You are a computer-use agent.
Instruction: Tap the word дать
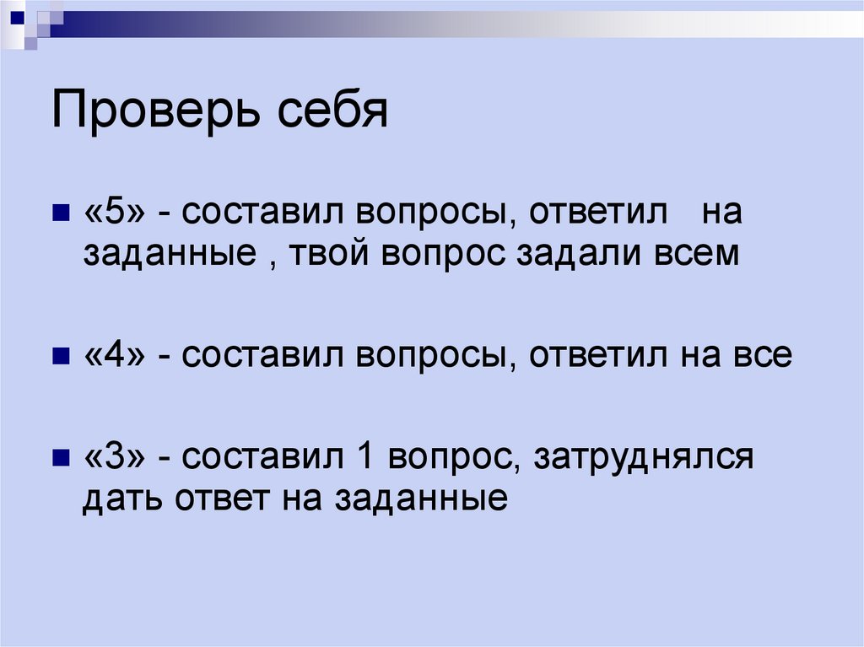(x=124, y=499)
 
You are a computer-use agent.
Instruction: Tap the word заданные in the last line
(x=421, y=499)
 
